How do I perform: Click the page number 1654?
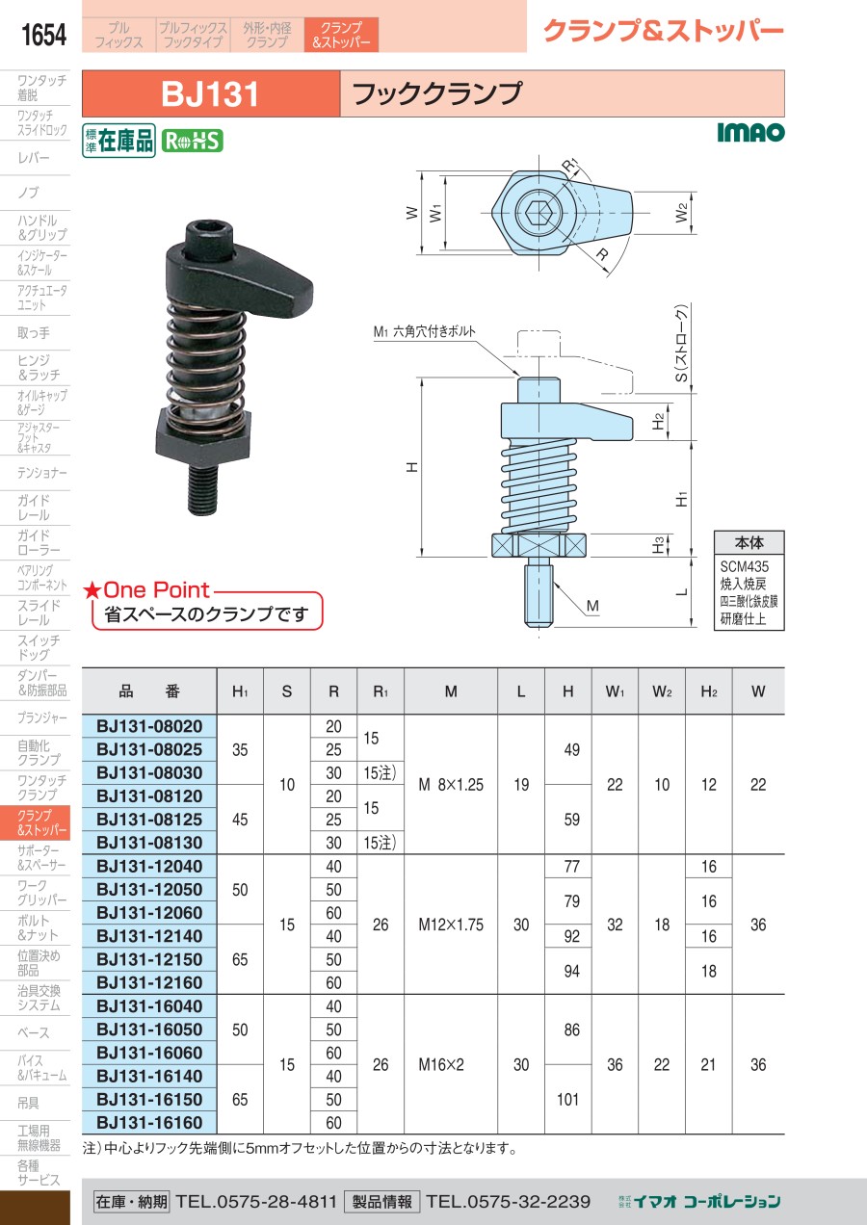pyautogui.click(x=43, y=35)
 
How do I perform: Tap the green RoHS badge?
pyautogui.click(x=193, y=141)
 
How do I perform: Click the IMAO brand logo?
pyautogui.click(x=750, y=132)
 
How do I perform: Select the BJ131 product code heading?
pyautogui.click(x=210, y=93)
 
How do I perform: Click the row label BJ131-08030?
pyautogui.click(x=149, y=772)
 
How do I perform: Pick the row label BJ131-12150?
pyautogui.click(x=149, y=959)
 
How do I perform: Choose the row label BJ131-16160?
pyautogui.click(x=149, y=1123)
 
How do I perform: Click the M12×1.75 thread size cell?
pyautogui.click(x=451, y=925)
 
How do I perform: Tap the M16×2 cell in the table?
pyautogui.click(x=441, y=1065)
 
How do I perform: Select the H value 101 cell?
pyautogui.click(x=567, y=1099)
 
